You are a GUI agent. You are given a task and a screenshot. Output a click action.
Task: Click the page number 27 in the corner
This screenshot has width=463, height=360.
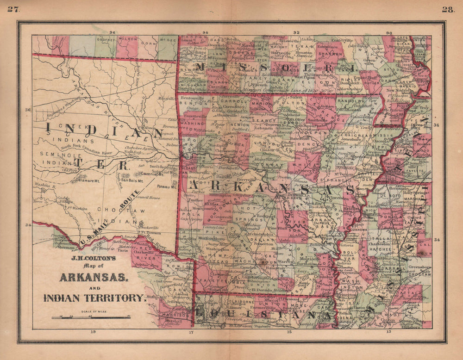(12, 9)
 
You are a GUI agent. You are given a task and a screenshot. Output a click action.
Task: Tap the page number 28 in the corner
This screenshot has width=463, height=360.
(448, 10)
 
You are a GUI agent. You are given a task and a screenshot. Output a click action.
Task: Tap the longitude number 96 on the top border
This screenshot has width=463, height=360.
(112, 32)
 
